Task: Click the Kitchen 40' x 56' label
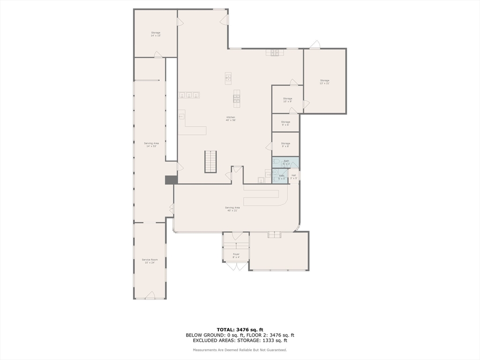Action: pyautogui.click(x=231, y=119)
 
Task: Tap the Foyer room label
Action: pyautogui.click(x=236, y=255)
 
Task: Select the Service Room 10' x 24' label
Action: pyautogui.click(x=150, y=261)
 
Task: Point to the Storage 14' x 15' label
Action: pyautogui.click(x=156, y=34)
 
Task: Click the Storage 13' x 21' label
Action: pyautogui.click(x=324, y=82)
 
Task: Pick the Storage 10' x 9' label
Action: pyautogui.click(x=287, y=100)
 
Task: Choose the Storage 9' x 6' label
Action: pyautogui.click(x=285, y=123)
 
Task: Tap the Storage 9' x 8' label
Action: pyautogui.click(x=285, y=145)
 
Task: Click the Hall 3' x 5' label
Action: pyautogui.click(x=293, y=177)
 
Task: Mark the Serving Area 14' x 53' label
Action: pyautogui.click(x=151, y=144)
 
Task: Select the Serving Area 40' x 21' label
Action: pyautogui.click(x=232, y=209)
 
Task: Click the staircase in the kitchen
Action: pyautogui.click(x=211, y=161)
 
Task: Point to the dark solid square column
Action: pyautogui.click(x=171, y=180)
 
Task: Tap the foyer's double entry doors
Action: pyautogui.click(x=236, y=266)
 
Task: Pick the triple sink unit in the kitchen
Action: pyautogui.click(x=189, y=95)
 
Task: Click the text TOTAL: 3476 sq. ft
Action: pyautogui.click(x=240, y=330)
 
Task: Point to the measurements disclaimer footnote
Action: pyautogui.click(x=240, y=350)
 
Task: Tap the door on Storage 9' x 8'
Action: pyautogui.click(x=269, y=147)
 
